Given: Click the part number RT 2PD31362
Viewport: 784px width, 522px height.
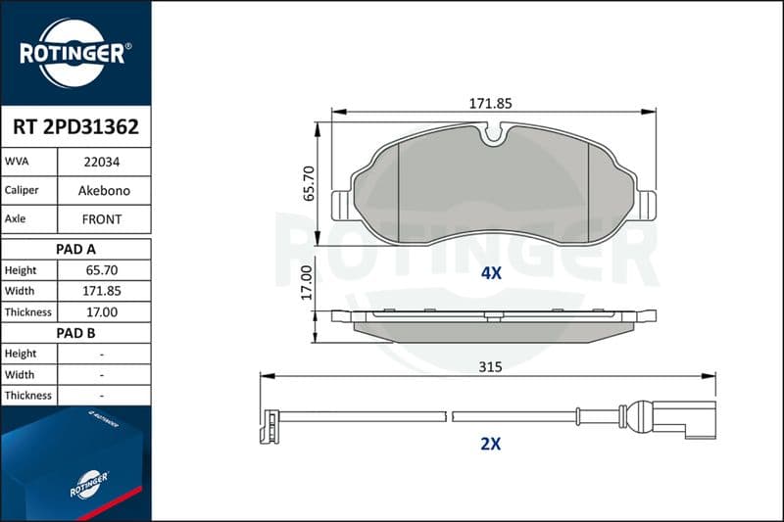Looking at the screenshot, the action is (x=75, y=127).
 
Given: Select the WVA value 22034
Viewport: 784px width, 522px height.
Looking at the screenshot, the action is (x=102, y=162).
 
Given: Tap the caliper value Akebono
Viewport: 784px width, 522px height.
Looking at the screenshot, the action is (x=104, y=190).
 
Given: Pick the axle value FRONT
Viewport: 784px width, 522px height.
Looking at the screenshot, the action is (x=102, y=219).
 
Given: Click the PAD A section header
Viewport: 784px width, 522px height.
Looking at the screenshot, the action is (x=75, y=250).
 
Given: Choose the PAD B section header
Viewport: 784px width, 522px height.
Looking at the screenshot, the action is (x=75, y=333).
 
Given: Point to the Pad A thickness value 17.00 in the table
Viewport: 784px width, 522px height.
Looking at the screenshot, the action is (x=102, y=312).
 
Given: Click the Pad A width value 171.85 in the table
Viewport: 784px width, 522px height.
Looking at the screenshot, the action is (x=102, y=291).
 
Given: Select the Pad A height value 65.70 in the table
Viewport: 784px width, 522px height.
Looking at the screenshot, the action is (x=102, y=270).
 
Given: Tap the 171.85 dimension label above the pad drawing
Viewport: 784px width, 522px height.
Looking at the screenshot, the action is (x=491, y=104).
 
